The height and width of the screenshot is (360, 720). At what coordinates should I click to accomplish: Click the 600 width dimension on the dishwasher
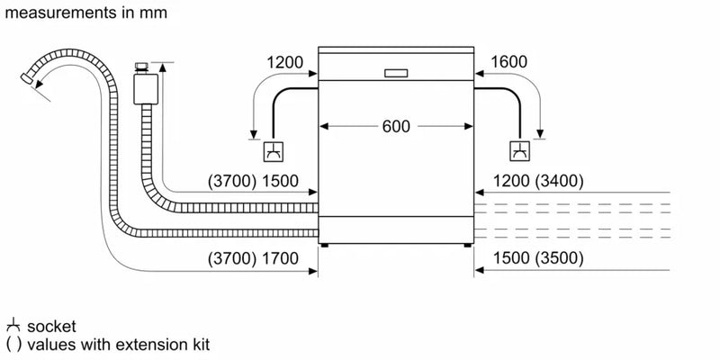pos(395,127)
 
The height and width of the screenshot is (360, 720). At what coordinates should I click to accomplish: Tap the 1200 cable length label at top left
pos(285,62)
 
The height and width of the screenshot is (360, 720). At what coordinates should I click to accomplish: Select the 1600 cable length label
pos(508,62)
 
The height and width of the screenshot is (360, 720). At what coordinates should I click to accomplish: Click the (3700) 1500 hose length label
pos(254,181)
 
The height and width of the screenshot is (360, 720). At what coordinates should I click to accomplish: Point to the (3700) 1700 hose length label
pos(254,258)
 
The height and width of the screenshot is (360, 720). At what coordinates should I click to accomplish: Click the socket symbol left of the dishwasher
pos(274,150)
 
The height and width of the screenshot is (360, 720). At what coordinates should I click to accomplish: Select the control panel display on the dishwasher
pos(396,73)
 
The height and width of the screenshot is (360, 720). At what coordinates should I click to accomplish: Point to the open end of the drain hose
pos(34,81)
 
